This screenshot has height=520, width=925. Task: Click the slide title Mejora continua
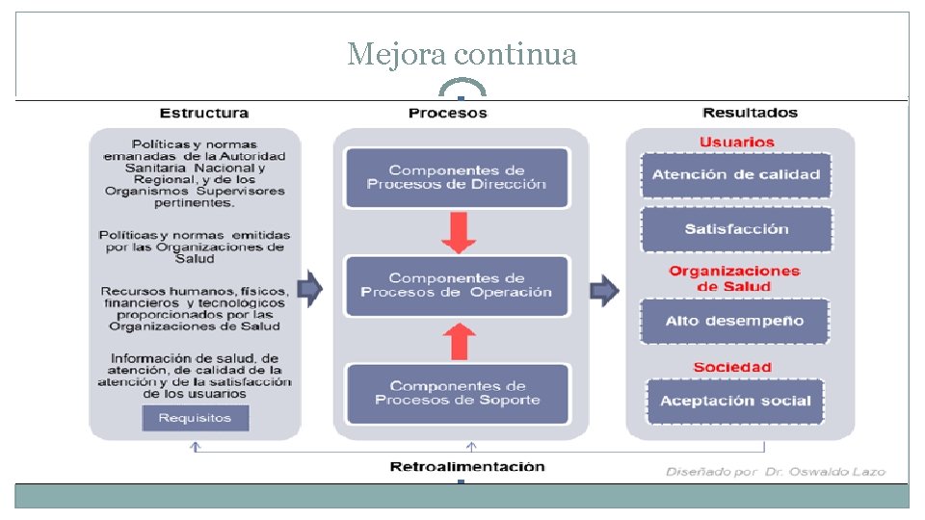tap(462, 55)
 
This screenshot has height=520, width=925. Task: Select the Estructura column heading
tap(203, 113)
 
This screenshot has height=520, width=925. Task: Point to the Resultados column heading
tap(750, 113)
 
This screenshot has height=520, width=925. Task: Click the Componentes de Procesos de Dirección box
tap(457, 177)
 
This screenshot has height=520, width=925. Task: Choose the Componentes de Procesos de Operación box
tap(457, 285)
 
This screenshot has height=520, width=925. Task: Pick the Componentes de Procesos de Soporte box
tap(457, 393)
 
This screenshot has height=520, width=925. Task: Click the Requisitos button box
tap(195, 418)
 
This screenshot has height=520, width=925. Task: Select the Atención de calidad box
tap(736, 174)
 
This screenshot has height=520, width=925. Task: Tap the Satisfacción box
tap(736, 229)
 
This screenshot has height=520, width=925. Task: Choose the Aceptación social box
tap(735, 401)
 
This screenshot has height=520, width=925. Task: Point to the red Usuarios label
tap(737, 143)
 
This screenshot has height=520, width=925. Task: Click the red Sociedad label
tap(732, 367)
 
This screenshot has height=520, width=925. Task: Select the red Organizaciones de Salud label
tap(734, 278)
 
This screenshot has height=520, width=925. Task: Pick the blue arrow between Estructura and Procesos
tap(310, 286)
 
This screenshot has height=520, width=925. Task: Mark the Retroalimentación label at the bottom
tap(467, 467)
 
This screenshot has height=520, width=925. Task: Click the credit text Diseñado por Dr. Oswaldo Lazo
tap(775, 471)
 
